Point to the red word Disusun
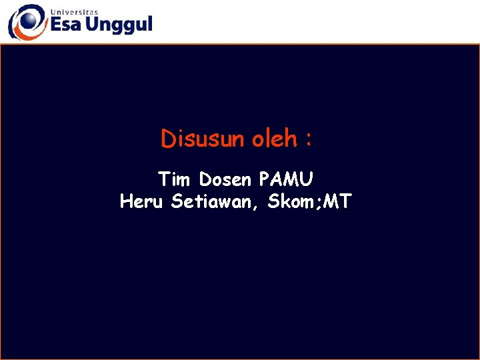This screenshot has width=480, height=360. tap(203, 139)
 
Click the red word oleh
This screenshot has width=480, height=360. tap(274, 139)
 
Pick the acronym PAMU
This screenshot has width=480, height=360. tap(287, 179)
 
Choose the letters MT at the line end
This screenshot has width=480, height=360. tap(337, 201)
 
